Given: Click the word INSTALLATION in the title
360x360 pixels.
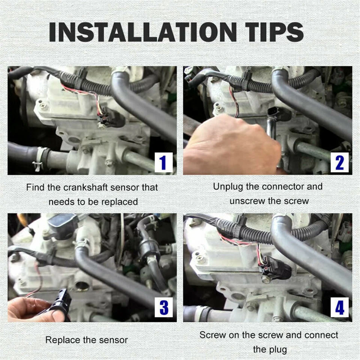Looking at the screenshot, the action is coord(143,32).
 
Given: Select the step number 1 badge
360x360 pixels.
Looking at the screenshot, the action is coord(163,162).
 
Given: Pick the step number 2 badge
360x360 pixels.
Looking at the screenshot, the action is coord(340,162).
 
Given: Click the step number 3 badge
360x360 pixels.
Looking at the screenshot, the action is coord(163,307).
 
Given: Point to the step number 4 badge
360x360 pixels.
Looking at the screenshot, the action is coord(340,307).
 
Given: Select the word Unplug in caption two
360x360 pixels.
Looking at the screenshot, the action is coord(228,187).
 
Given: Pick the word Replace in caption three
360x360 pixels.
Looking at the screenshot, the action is coord(60,340).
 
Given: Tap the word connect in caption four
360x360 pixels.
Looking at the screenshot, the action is coord(321,335).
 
